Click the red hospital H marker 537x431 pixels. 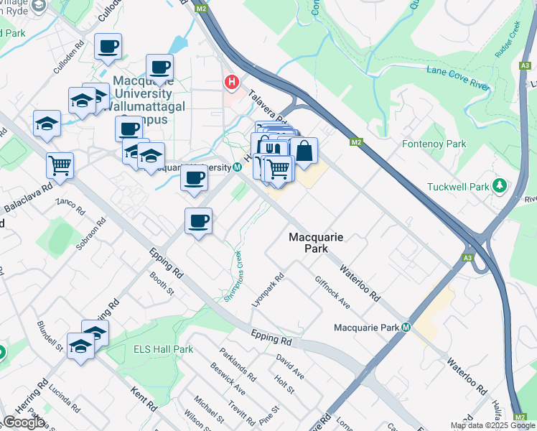[231, 83]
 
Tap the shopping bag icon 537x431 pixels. [304, 152]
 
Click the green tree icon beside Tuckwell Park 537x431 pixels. [499, 187]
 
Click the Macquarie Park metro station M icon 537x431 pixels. [406, 328]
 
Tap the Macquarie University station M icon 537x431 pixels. [237, 167]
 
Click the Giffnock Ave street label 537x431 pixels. [332, 292]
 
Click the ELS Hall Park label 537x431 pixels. [164, 349]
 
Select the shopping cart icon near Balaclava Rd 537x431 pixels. [60, 165]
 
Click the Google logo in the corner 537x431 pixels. [24, 422]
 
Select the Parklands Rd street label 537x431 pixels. [239, 365]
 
